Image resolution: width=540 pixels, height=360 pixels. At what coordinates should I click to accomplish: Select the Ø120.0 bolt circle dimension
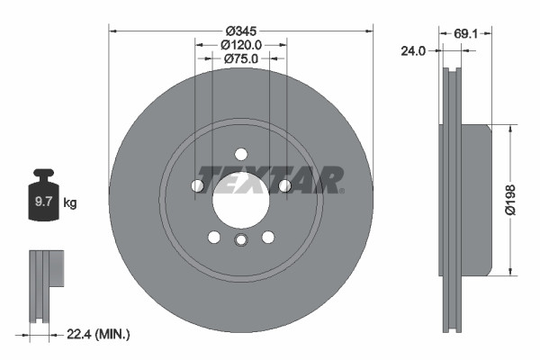tap(240, 43)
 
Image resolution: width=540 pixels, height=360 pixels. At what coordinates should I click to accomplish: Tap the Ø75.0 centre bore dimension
tap(240, 58)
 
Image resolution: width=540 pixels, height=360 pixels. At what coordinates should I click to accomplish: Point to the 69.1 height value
tap(465, 33)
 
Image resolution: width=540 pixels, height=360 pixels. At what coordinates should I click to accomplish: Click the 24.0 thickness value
tap(412, 51)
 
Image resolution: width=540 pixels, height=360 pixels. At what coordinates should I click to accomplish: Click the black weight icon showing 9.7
tap(43, 199)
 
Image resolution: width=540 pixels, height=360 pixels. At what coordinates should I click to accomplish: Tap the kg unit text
tap(70, 203)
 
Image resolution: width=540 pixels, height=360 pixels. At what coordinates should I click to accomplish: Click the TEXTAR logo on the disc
tap(270, 178)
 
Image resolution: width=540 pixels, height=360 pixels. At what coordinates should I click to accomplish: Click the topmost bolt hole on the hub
tap(240, 153)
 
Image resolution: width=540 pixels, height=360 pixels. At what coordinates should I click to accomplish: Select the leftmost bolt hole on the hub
tap(197, 185)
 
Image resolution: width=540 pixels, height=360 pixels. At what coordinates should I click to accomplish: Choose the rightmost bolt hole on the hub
tap(283, 185)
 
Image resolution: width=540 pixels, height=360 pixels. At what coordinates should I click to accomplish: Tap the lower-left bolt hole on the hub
tap(213, 237)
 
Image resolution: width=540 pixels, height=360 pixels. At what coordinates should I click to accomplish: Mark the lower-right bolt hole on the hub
tap(267, 237)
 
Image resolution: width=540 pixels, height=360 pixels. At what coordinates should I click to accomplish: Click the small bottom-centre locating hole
tap(240, 239)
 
